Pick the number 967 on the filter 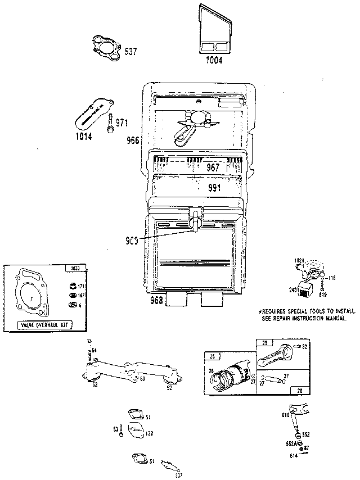(213, 167)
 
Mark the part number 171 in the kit (80, 286)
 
